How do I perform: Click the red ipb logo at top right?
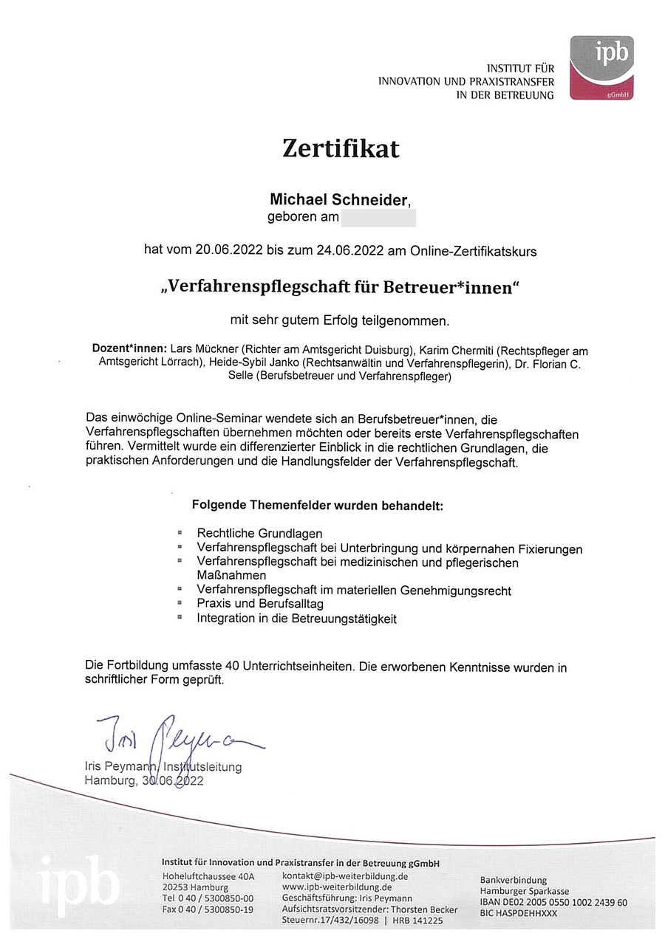pyautogui.click(x=601, y=69)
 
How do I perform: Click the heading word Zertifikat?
pyautogui.click(x=340, y=149)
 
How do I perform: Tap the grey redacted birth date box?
pyautogui.click(x=378, y=218)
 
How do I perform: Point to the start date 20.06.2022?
pyautogui.click(x=230, y=251)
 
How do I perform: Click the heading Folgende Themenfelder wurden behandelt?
pyautogui.click(x=317, y=506)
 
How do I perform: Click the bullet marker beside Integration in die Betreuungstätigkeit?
pyautogui.click(x=180, y=617)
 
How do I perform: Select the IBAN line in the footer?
pyautogui.click(x=553, y=902)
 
